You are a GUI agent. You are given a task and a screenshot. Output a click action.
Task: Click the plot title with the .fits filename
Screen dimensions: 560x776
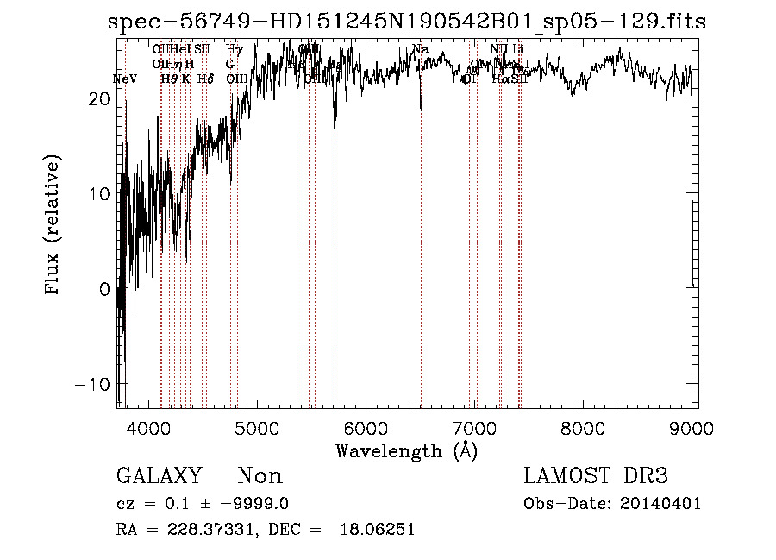coord(407,22)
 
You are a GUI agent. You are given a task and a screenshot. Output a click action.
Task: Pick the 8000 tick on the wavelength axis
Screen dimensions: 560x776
coord(584,428)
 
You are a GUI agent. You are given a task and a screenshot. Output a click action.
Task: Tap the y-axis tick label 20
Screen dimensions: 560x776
coord(99,99)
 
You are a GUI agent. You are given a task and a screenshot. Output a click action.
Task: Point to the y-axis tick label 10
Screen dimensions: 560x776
coord(99,194)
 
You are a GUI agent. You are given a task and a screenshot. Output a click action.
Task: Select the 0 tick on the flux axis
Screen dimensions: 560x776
coord(104,289)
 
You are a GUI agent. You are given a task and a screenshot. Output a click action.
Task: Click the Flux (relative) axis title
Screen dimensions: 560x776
coord(53,226)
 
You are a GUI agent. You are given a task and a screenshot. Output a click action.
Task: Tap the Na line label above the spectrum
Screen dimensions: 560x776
coord(421,50)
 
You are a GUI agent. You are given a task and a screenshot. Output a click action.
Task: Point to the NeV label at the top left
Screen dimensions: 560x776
coord(125,79)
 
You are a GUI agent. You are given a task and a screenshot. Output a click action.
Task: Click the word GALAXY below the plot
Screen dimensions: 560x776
coord(159,476)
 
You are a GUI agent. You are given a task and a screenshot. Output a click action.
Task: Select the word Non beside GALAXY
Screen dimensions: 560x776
coord(260,476)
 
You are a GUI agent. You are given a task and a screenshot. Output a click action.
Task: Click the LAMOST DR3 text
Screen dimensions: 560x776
coord(595,476)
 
